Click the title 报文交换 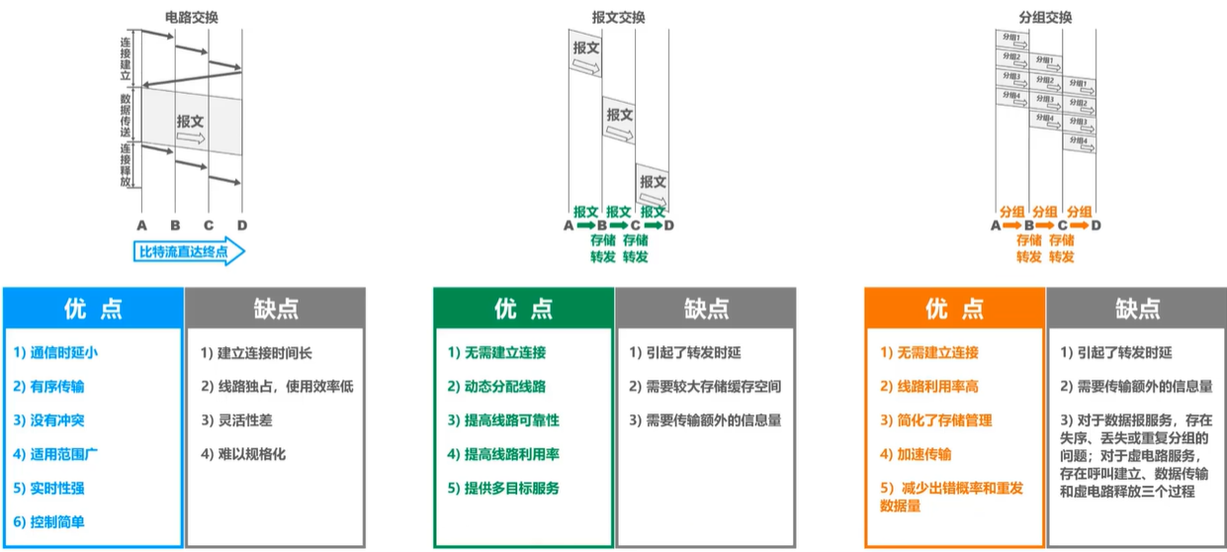(618, 17)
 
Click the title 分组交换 (1045, 17)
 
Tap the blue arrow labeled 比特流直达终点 (188, 251)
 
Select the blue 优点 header (93, 309)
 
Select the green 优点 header (523, 309)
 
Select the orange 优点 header (954, 309)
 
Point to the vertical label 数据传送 (126, 115)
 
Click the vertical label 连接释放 (126, 164)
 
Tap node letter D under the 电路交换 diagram (241, 225)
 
